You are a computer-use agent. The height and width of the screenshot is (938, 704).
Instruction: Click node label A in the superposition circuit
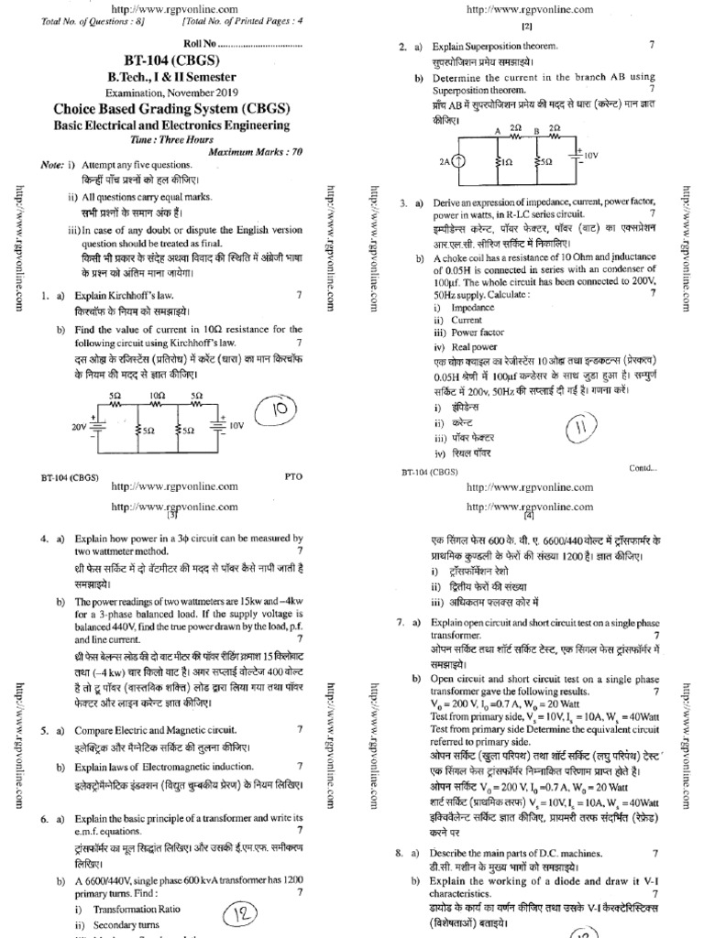496,130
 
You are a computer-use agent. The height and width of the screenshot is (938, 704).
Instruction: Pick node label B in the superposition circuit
535,130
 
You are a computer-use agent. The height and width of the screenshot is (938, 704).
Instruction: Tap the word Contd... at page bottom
643,468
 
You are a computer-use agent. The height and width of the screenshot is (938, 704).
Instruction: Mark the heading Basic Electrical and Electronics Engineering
171,125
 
